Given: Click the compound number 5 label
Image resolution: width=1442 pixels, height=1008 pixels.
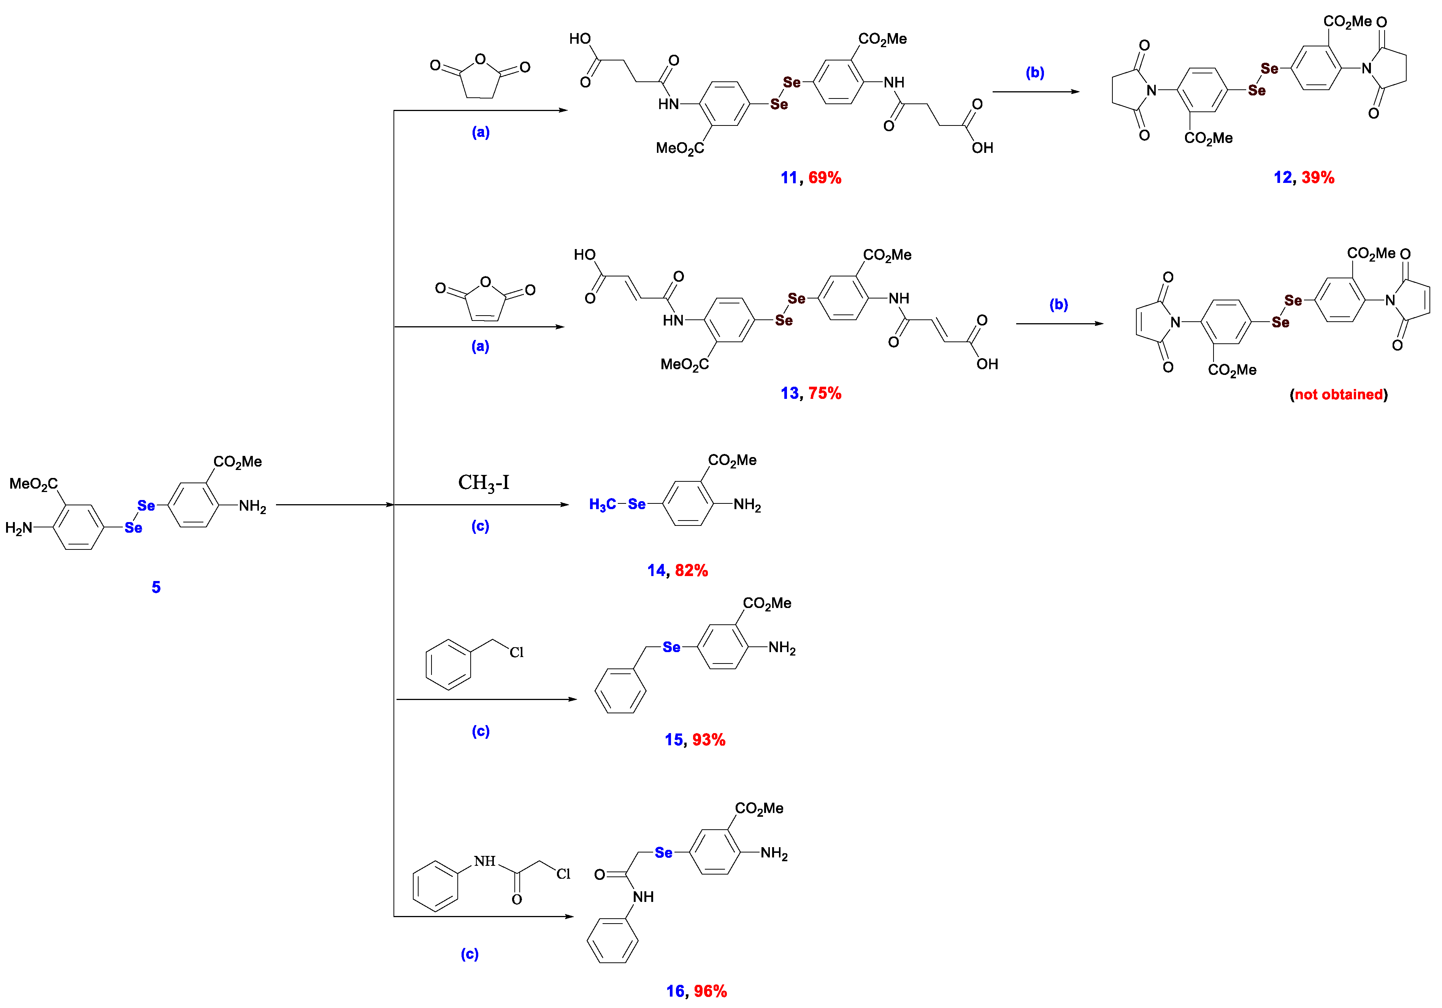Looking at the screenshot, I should point(156,587).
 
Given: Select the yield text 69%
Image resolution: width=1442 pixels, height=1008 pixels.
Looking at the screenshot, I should point(825,178).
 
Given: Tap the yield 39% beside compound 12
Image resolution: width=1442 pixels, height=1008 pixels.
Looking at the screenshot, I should point(1318,178).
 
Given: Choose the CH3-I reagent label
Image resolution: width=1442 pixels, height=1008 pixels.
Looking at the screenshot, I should point(484,483).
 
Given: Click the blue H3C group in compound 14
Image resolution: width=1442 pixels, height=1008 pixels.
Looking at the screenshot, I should point(602,504).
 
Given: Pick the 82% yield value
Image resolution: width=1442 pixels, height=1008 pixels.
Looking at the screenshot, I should point(692,570).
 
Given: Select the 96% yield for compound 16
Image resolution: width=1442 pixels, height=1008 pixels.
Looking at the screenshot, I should point(710,991).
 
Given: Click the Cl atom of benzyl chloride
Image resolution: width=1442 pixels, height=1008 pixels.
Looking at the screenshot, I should point(516,652).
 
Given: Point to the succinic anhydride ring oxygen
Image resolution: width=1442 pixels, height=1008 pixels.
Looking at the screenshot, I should point(481,60).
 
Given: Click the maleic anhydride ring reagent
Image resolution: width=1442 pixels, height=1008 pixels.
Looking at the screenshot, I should point(485,300).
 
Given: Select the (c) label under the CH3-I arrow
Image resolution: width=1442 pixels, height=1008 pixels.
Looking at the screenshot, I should point(481,526).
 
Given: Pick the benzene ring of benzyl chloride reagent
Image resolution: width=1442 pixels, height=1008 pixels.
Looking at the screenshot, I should point(449,665).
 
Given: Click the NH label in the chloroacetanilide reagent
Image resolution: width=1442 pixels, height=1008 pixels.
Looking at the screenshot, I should point(485,861).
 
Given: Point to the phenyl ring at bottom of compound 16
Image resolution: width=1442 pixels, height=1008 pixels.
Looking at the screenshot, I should point(612,940).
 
